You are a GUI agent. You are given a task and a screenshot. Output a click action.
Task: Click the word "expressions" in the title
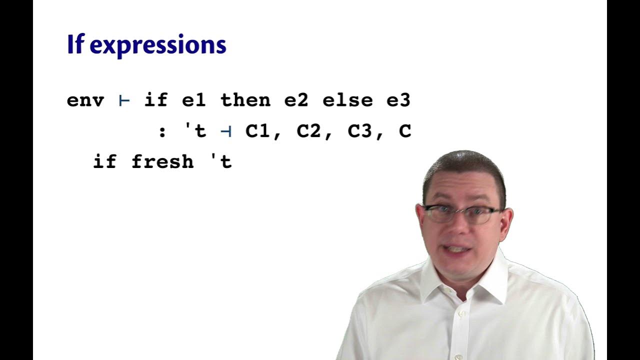[158, 45]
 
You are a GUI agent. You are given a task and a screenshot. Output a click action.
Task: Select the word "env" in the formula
[85, 100]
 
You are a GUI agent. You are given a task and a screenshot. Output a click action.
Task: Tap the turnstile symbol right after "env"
[124, 100]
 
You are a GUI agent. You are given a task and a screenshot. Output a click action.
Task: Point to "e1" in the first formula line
[194, 100]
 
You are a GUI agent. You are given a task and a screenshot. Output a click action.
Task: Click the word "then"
[245, 100]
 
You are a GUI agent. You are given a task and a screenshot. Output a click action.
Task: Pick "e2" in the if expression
[296, 100]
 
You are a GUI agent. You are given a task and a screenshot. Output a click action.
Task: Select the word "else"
[347, 100]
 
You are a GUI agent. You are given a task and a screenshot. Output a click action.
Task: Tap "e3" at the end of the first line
[398, 100]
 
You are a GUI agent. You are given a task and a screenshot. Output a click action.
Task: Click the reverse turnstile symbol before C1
[226, 131]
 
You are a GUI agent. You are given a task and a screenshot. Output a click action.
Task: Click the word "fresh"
[162, 162]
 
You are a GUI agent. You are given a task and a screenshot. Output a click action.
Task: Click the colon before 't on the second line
[162, 132]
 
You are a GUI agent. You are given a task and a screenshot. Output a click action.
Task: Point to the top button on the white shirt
[461, 313]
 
